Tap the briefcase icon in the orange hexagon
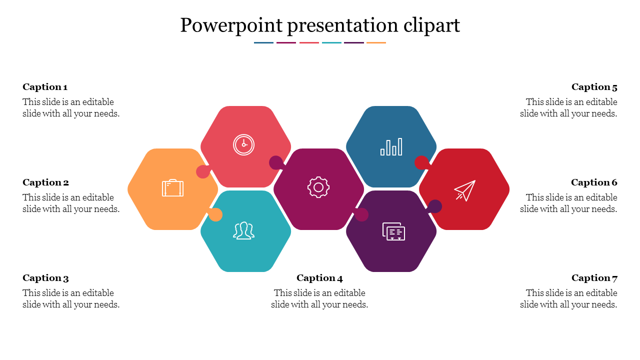tap(173, 188)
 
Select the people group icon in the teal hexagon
tap(243, 230)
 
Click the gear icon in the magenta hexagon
tap(318, 187)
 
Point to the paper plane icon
tap(465, 190)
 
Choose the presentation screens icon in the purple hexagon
tap(393, 231)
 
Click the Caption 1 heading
tap(45, 87)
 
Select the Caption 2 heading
tap(45, 182)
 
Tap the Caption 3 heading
tap(45, 277)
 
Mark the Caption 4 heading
tap(319, 277)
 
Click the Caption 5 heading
tap(594, 87)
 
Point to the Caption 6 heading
tap(594, 182)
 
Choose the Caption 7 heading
tap(594, 277)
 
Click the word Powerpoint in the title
tap(231, 25)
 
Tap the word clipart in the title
tap(431, 25)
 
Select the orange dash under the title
tap(376, 43)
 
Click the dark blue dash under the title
tap(263, 43)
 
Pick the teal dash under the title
tap(331, 43)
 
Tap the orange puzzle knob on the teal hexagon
tap(215, 214)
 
